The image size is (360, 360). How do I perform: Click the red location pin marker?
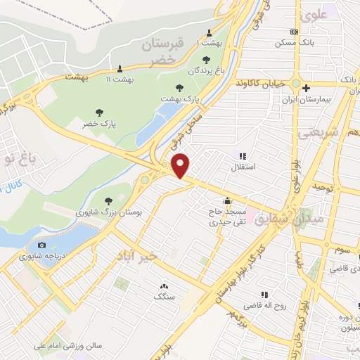coord(181,165)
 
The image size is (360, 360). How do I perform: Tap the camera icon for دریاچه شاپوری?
coord(42,245)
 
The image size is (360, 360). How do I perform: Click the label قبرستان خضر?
coord(162,52)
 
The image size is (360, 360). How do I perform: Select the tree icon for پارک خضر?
coord(98,112)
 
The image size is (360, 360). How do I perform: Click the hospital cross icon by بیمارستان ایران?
coord(307,87)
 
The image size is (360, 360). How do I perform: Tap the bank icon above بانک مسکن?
coord(294,32)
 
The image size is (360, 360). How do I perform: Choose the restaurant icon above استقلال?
coord(243,156)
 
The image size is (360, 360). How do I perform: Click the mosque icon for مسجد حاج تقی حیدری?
coord(226,200)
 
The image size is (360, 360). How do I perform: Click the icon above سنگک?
coord(165,285)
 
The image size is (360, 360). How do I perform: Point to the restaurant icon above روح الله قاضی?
coord(264,295)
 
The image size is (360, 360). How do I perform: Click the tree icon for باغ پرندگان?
coord(205,60)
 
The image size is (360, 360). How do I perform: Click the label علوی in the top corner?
coord(314,13)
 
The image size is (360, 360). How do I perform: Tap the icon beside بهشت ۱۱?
coord(120,69)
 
